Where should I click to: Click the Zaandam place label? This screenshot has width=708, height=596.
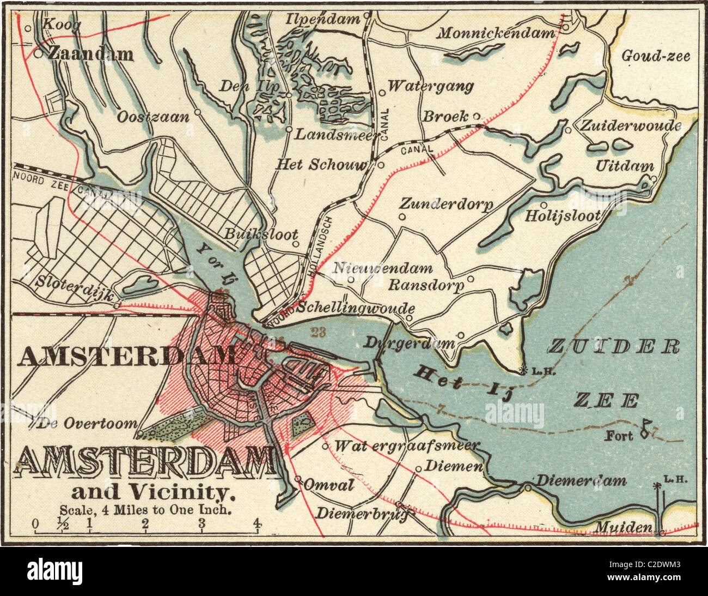[90, 54]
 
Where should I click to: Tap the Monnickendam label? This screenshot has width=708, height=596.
[496, 33]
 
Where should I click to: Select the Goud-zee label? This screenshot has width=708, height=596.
[656, 56]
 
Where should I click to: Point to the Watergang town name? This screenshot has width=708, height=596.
[431, 86]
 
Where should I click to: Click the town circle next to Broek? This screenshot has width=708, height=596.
[476, 116]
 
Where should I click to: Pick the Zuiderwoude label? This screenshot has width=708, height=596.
[631, 125]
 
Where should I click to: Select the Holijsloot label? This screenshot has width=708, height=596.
[563, 215]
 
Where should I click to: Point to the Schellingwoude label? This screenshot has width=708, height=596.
[357, 308]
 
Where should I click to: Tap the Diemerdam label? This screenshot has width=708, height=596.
[582, 481]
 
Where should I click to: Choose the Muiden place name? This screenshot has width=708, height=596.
[623, 527]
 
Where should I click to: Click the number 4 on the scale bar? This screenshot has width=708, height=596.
[257, 525]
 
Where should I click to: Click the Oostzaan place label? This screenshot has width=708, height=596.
[154, 116]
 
